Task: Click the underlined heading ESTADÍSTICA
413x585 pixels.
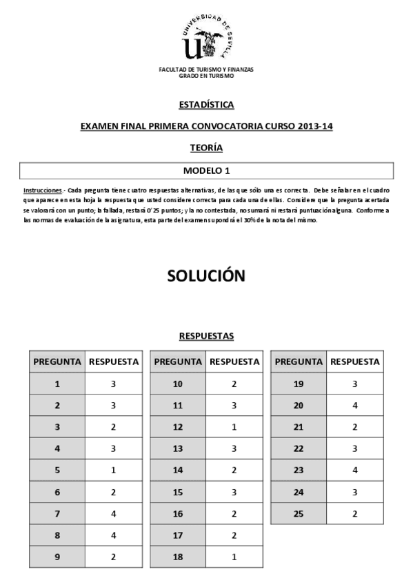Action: coord(206,105)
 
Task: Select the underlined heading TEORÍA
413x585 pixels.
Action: coord(206,147)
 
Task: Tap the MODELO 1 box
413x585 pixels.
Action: coord(206,170)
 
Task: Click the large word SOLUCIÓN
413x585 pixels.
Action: coord(206,276)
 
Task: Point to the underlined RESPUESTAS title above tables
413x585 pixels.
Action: coord(206,336)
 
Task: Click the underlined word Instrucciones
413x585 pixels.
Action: coord(43,190)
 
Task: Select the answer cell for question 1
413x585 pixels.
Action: coord(113,384)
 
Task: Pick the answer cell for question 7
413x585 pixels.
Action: coord(113,514)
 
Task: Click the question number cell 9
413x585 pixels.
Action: coord(57,557)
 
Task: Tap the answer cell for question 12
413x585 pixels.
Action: coord(234,427)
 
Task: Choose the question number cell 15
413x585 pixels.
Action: coord(177,493)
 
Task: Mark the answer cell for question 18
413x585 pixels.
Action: coord(234,557)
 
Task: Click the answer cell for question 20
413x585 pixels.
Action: coord(354,406)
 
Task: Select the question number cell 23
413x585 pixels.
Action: coord(299,470)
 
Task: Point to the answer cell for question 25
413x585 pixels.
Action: coord(354,514)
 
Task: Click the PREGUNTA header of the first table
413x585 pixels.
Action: coord(57,361)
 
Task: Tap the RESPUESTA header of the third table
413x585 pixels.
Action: coord(354,361)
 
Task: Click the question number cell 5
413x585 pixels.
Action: coord(57,470)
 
